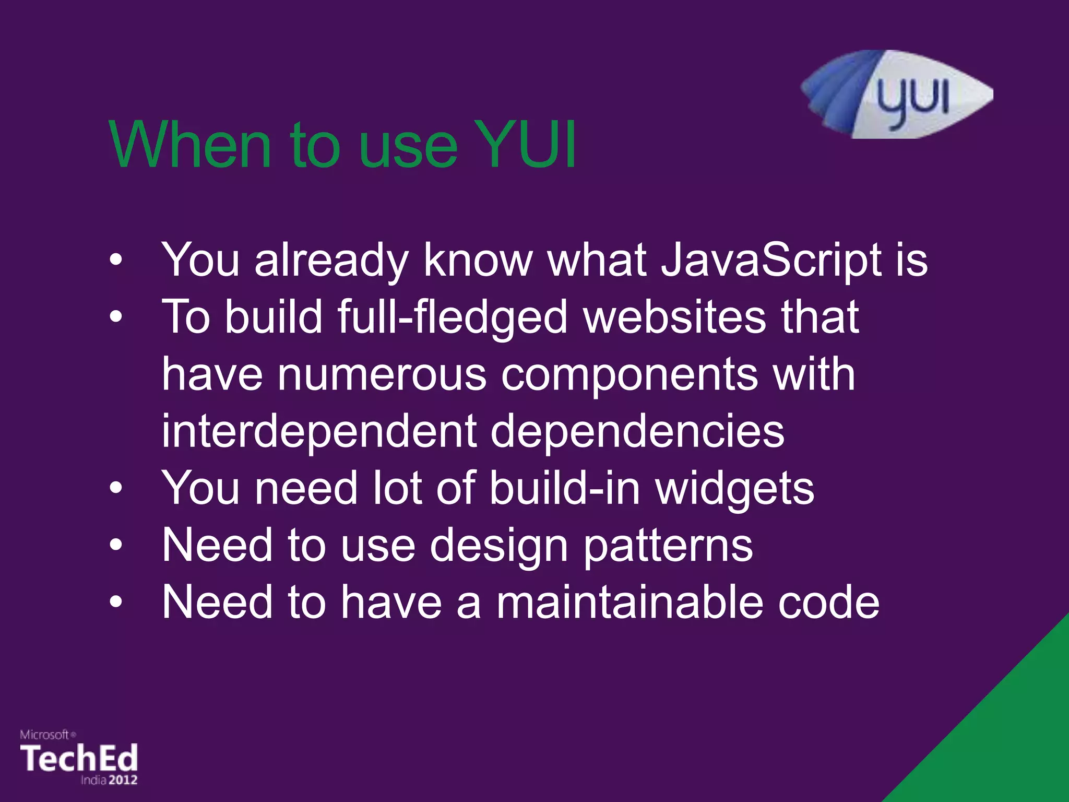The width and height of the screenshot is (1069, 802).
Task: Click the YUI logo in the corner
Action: [x=897, y=95]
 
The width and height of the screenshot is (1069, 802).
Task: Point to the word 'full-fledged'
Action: [x=452, y=317]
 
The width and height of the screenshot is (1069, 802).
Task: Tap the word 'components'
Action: [x=629, y=375]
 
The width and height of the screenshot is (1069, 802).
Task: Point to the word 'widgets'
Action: [x=734, y=489]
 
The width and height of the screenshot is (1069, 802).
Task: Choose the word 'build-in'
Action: [x=565, y=488]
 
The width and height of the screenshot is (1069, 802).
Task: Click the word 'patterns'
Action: [x=668, y=546]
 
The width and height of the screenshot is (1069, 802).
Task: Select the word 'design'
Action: [x=498, y=546]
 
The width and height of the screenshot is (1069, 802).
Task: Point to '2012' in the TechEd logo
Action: [x=123, y=780]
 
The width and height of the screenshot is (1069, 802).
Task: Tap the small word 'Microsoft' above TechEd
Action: [x=45, y=735]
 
